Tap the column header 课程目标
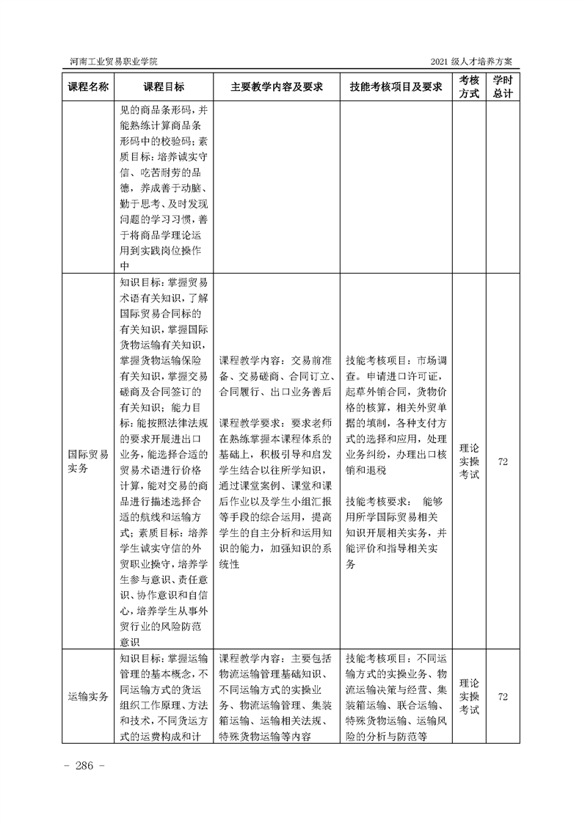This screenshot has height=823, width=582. pyautogui.click(x=164, y=87)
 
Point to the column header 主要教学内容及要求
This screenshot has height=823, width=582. pyautogui.click(x=277, y=87)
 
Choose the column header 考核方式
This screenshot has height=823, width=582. pyautogui.click(x=469, y=87)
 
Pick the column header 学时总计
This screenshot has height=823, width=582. pyautogui.click(x=503, y=87)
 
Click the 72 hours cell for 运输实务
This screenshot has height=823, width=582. pyautogui.click(x=503, y=696)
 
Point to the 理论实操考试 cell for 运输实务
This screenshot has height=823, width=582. pyautogui.click(x=469, y=696)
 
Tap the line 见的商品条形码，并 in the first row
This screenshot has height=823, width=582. pyautogui.click(x=164, y=111)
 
